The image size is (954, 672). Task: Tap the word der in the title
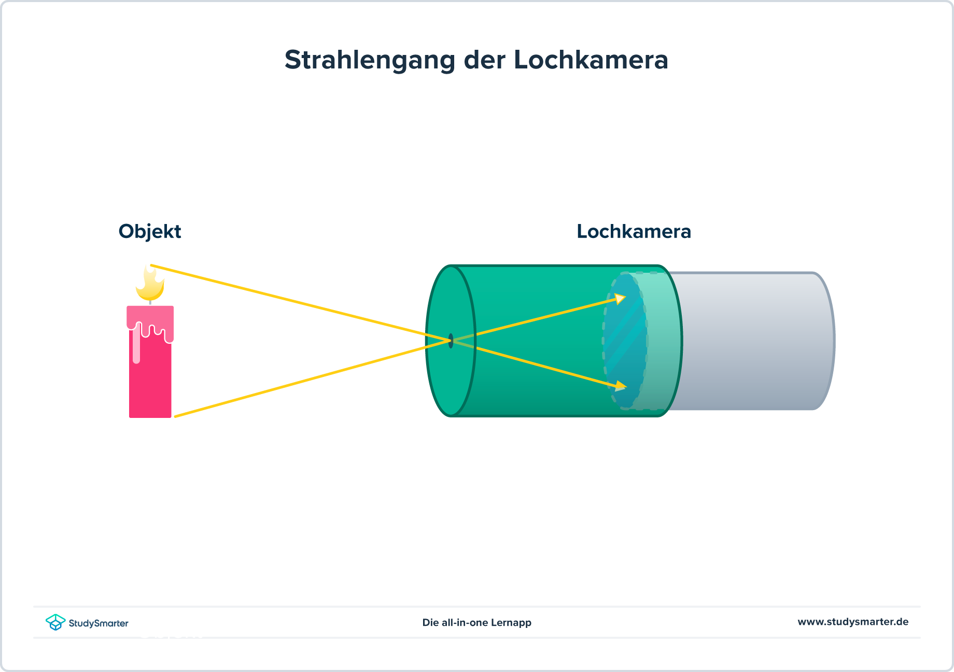coord(484,60)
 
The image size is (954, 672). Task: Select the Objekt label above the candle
coord(149,231)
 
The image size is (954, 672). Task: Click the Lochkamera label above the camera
coord(634,231)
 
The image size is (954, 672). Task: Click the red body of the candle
coord(150,384)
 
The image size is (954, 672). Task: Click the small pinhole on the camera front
coord(451,341)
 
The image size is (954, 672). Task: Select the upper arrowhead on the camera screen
coord(620,299)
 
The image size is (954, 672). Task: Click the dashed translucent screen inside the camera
coord(625,342)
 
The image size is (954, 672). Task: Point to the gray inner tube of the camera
coord(752,342)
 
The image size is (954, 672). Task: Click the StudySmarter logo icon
coord(55,622)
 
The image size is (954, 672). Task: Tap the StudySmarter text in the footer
coord(99,623)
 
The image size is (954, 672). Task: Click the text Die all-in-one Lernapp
coord(476,622)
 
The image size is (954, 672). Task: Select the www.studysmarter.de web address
coord(852,622)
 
